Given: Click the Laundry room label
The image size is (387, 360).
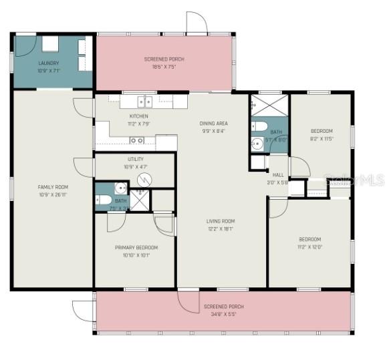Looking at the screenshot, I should tap(49, 63).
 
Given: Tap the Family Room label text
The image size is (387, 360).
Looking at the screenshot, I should tap(52, 187).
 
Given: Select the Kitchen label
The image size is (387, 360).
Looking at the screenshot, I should tap(138, 116).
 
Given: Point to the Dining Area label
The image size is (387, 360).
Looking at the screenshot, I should tap(214, 124).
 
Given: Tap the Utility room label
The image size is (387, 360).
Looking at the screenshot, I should tap(136, 159).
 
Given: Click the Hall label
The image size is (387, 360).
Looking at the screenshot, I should tap(278, 175).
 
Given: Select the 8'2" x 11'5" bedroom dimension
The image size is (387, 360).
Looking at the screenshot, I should tap(321, 138).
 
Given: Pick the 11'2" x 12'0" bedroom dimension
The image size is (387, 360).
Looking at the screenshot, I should tap(309, 246).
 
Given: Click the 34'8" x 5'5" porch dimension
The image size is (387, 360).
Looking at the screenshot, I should tap(224, 314).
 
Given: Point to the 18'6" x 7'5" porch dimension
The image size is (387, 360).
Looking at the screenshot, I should tap(164, 67).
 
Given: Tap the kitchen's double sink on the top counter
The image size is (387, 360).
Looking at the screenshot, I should tap(144, 102).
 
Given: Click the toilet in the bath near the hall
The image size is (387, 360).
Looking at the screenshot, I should tap(261, 126).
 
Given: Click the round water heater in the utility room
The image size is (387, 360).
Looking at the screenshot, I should tap(148, 178).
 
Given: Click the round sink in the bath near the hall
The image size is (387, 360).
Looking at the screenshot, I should tap(257, 143).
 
